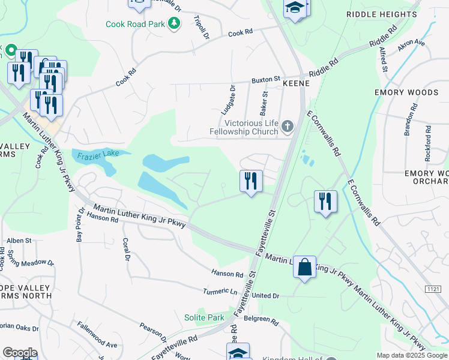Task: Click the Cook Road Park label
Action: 135,24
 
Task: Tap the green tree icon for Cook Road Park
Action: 174,24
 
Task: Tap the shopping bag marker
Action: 304,267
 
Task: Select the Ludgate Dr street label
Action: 228,99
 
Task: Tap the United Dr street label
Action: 265,296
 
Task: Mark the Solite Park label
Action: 204,317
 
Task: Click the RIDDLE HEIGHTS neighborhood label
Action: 382,14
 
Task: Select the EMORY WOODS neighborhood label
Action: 406,92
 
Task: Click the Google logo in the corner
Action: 20,353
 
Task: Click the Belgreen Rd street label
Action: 265,322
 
